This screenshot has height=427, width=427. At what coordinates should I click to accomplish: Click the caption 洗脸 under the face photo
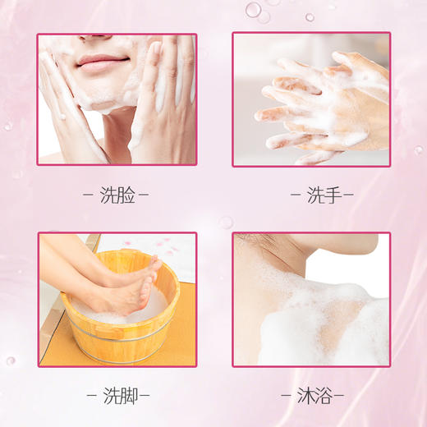(x=117, y=195)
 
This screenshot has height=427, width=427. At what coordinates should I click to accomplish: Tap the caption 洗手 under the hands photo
(x=310, y=195)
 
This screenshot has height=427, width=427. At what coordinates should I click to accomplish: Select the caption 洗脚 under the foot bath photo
(x=117, y=396)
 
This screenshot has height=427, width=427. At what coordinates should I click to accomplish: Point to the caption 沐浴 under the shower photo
(x=310, y=396)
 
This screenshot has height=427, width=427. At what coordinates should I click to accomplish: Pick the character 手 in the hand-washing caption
(x=320, y=195)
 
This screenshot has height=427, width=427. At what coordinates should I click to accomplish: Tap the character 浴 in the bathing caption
(x=320, y=396)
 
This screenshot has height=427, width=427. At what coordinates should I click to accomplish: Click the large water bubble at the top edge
(x=253, y=10)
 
